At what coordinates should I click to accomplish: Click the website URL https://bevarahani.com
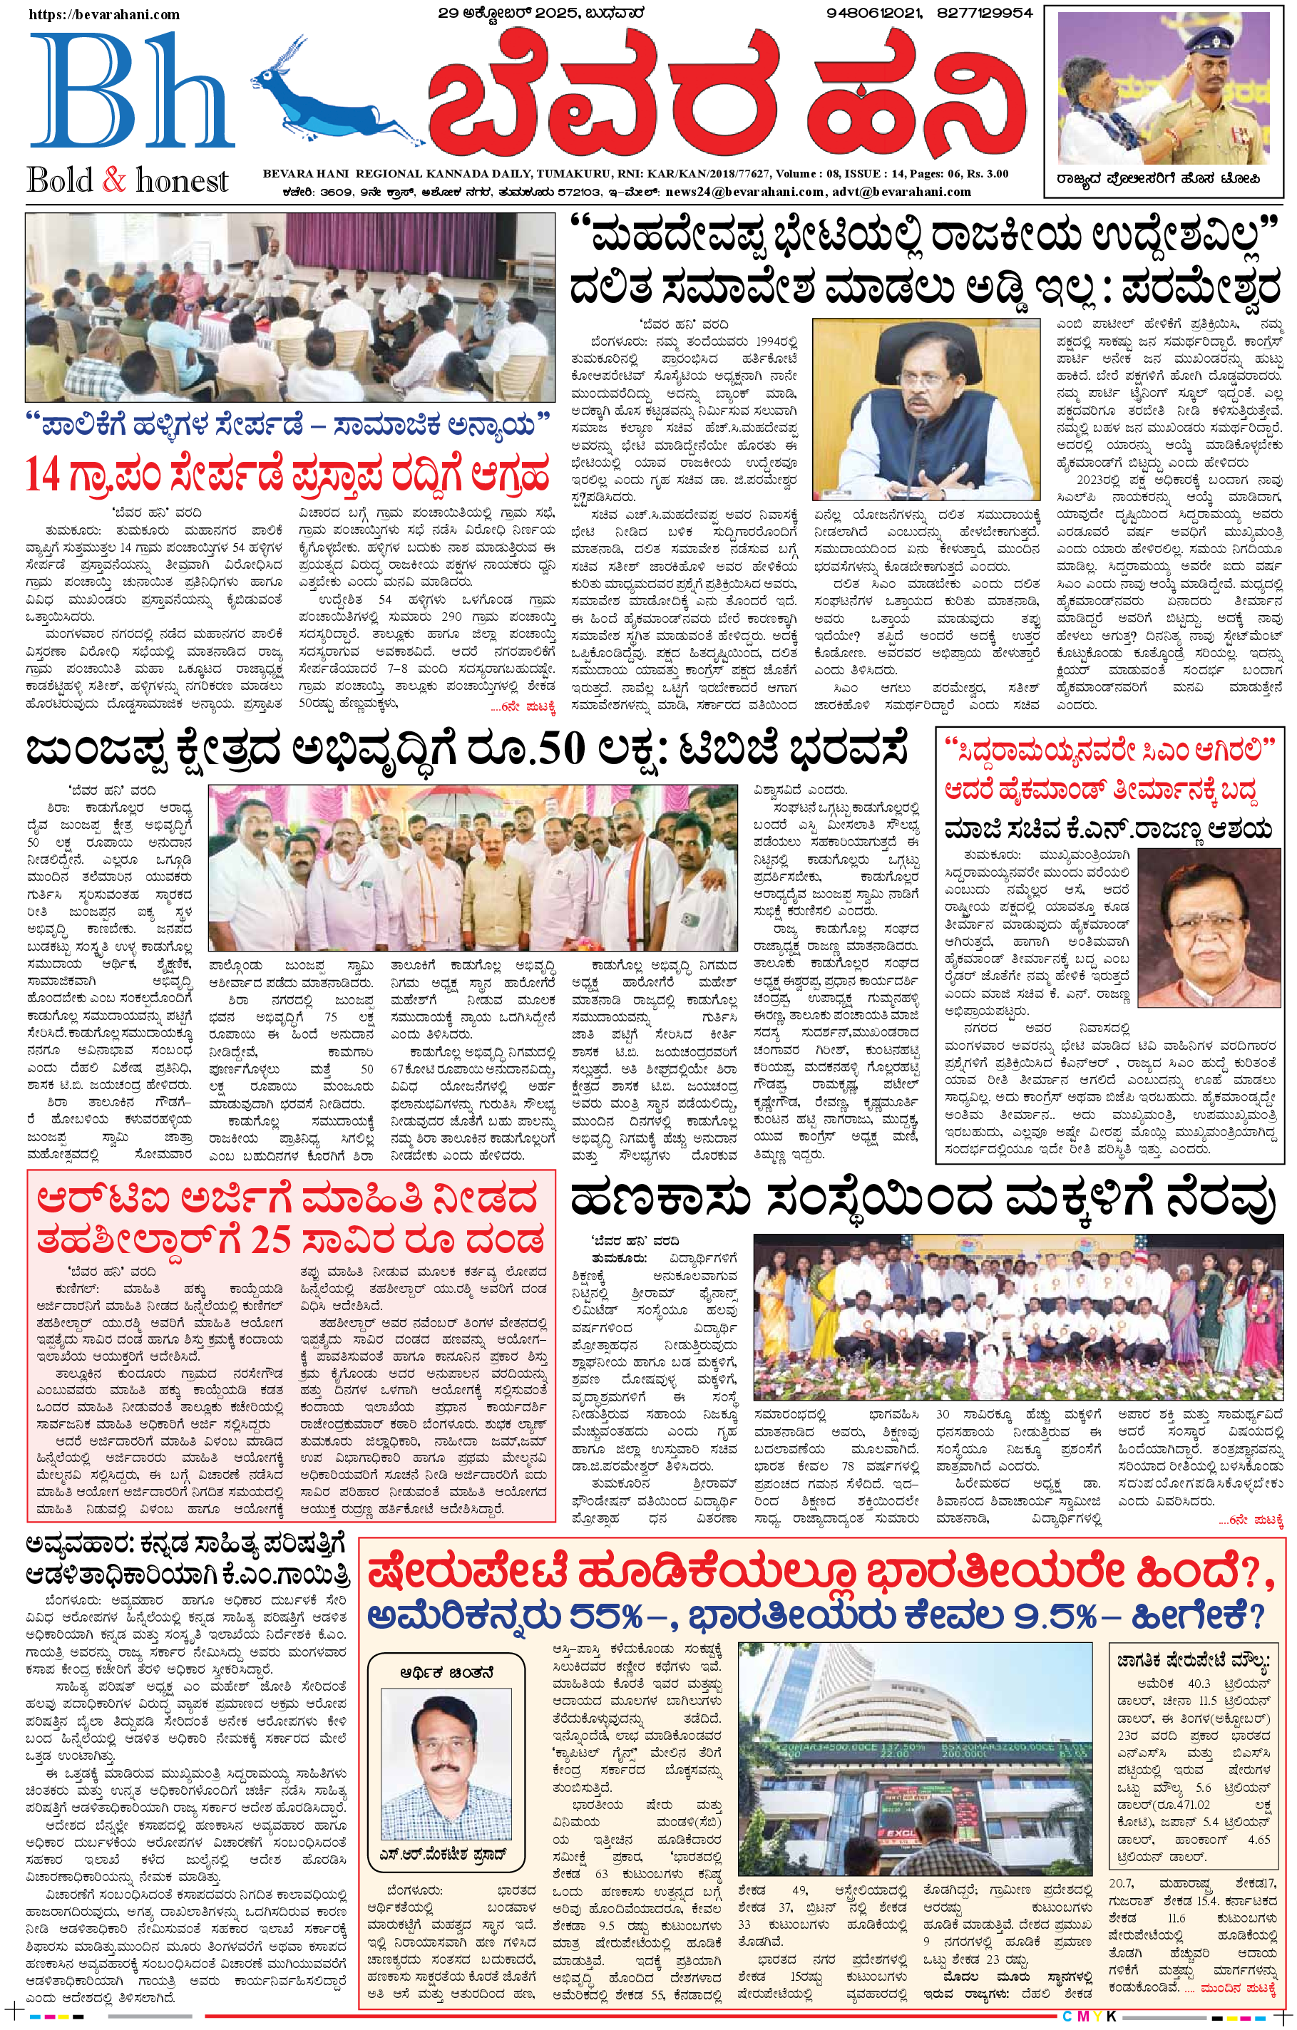tap(103, 14)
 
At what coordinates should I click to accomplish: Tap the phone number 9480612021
tap(873, 13)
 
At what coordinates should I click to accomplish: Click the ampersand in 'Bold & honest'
tap(113, 180)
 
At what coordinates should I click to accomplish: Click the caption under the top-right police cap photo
tap(1164, 179)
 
